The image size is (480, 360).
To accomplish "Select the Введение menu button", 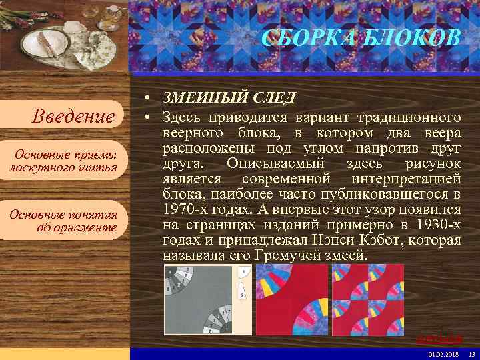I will tap(74, 117).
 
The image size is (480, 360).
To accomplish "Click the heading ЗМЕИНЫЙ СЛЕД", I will tap(229, 98).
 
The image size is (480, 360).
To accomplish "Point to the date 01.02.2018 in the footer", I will tap(444, 353).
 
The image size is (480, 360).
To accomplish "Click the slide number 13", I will tap(471, 353).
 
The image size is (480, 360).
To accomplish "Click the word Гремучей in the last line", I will tap(287, 256).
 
